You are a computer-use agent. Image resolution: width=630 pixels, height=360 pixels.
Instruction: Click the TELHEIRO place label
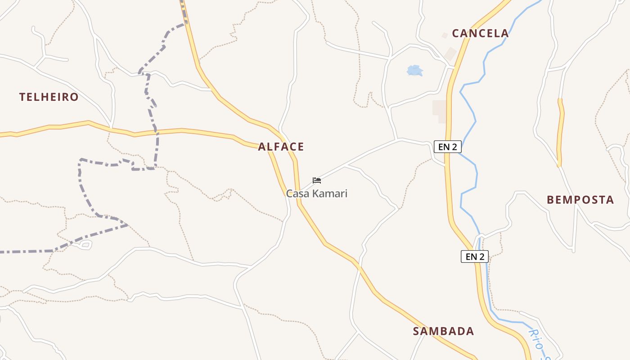49,97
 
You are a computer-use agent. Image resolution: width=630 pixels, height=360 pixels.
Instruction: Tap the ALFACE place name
281,147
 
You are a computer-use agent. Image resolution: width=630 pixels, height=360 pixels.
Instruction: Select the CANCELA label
480,33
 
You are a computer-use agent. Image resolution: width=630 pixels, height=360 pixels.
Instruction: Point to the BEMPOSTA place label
580,200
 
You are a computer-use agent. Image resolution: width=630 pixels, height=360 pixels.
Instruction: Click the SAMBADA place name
443,332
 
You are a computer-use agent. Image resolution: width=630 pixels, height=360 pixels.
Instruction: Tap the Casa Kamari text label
317,193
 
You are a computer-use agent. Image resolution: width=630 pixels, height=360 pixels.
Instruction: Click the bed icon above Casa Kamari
317,180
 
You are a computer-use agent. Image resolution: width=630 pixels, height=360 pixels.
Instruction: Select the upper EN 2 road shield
448,147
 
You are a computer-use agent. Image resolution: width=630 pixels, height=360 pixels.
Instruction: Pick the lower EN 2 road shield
475,256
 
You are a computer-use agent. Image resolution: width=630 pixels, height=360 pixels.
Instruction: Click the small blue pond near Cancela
414,70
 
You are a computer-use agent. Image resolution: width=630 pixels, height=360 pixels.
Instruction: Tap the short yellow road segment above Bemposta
560,133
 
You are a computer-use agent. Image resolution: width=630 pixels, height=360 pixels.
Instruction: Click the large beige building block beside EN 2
440,111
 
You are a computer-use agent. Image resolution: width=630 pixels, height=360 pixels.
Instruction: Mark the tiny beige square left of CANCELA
445,35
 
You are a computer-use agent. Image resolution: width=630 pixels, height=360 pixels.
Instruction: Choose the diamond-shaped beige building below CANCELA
450,54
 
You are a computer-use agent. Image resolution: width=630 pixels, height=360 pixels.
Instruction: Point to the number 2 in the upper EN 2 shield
455,147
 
